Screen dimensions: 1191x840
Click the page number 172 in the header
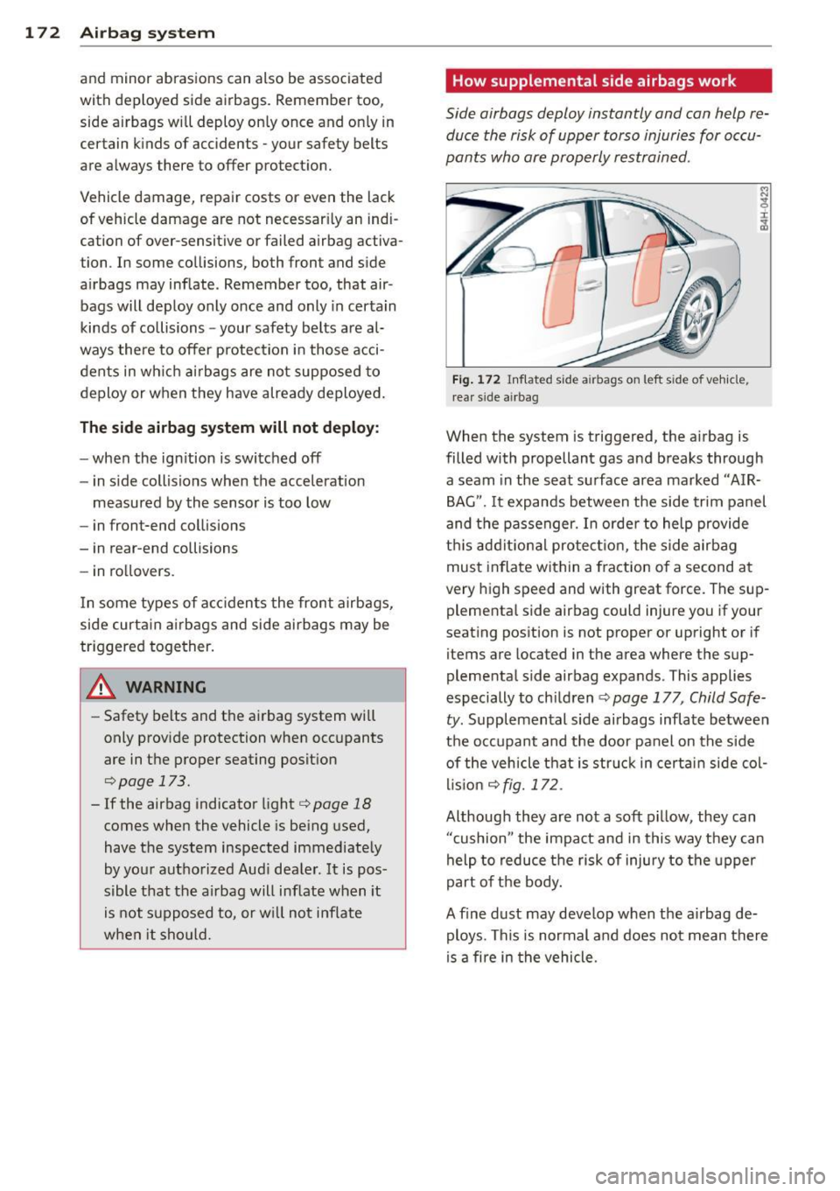pyautogui.click(x=42, y=33)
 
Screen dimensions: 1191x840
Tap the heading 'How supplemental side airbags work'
pyautogui.click(x=594, y=81)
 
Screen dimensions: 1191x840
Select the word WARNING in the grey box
pyautogui.click(x=165, y=688)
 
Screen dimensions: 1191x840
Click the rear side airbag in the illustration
pyautogui.click(x=649, y=269)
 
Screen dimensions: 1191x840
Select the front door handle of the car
pyautogui.click(x=589, y=285)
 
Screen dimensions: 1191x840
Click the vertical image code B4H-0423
pyautogui.click(x=764, y=208)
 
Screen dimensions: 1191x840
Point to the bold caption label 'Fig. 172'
pyautogui.click(x=476, y=380)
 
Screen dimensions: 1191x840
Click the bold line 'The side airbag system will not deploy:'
pyautogui.click(x=229, y=428)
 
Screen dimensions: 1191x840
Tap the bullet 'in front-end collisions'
pyautogui.click(x=168, y=526)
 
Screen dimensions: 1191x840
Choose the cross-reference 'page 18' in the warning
pyautogui.click(x=335, y=803)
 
